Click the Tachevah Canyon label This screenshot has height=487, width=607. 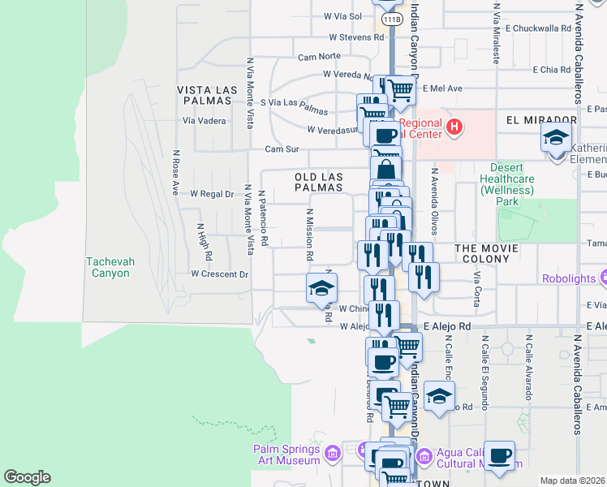click(108, 267)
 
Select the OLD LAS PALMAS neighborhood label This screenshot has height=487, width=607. click(318, 181)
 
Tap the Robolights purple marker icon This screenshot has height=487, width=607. click(601, 278)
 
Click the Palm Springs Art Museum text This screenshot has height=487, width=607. click(287, 455)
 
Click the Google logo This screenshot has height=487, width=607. click(27, 477)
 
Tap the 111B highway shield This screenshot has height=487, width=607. click(392, 18)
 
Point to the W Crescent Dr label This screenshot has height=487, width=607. click(219, 274)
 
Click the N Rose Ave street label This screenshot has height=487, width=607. click(174, 172)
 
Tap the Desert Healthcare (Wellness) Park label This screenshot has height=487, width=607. click(506, 184)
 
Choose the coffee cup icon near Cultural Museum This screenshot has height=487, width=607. click(500, 455)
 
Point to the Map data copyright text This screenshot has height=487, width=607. click(573, 481)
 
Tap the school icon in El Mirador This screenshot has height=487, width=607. click(556, 137)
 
